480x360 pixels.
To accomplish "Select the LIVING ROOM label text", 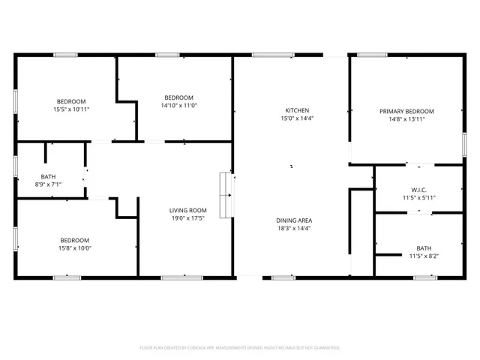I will pos(187,211).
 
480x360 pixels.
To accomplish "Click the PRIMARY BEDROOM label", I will pos(406,111).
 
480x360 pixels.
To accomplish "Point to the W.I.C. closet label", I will pos(418,189).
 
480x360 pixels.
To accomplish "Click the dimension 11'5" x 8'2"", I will pos(424,256).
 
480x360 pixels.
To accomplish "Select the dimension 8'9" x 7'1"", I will pos(48,184).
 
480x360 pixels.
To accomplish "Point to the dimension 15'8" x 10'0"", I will pos(74,248).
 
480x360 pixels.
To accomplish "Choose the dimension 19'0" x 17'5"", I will pos(187,219).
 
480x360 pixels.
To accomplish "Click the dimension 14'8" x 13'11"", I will pos(406,118).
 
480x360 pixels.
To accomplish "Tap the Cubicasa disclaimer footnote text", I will pos(240,347).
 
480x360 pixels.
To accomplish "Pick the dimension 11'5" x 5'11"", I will pos(418,197).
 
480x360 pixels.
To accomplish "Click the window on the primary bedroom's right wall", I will pos(464,145).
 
